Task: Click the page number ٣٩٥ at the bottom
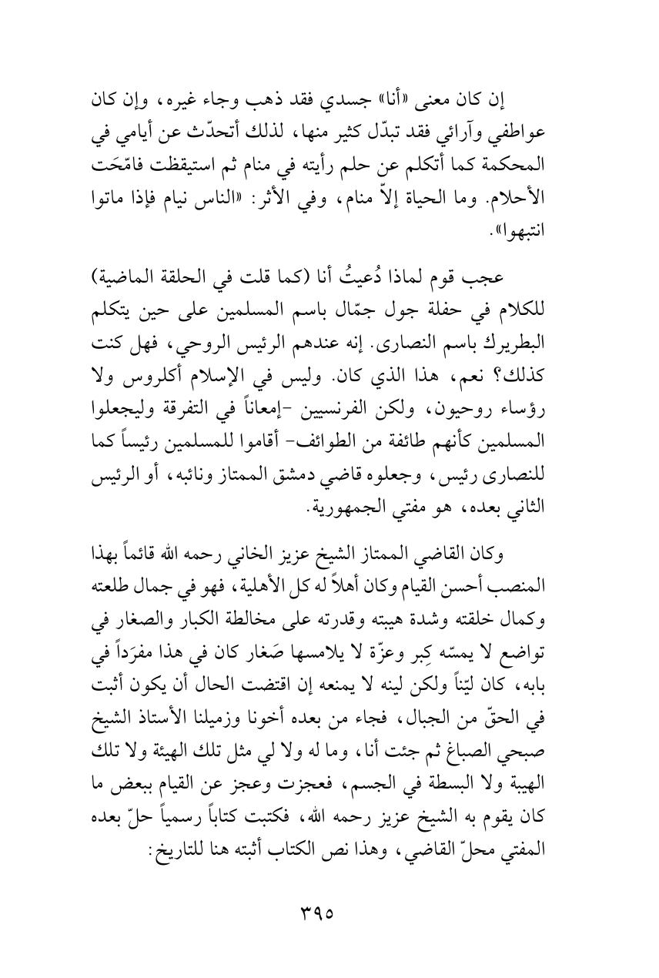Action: [329, 916]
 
